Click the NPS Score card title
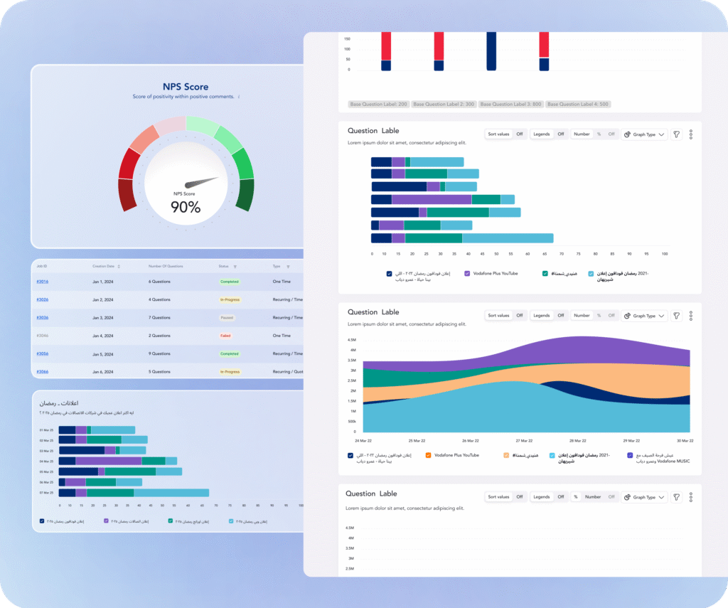[x=186, y=87]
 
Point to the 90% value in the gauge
[x=186, y=207]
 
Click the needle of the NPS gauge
[x=206, y=181]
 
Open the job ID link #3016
[x=42, y=282]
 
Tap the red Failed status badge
[x=225, y=336]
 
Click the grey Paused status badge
[x=227, y=318]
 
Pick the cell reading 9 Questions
[x=159, y=353]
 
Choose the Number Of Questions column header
[x=165, y=266]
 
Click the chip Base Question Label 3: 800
[x=510, y=105]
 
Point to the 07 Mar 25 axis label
[x=47, y=493]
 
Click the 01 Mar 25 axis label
[x=47, y=430]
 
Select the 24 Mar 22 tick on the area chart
[x=363, y=440]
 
